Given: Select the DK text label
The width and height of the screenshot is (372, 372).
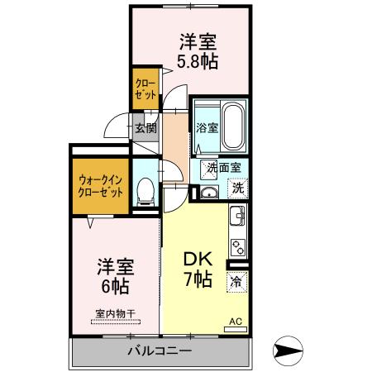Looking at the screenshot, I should [198, 259].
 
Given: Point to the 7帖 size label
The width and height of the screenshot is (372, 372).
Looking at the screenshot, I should [198, 279].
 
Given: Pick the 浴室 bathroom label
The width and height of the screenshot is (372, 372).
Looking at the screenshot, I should [207, 127].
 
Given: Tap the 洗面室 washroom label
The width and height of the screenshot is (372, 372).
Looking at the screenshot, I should [223, 167].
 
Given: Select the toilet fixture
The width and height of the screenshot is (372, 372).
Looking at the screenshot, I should [145, 192].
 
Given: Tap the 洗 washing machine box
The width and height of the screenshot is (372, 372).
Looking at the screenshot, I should [237, 187].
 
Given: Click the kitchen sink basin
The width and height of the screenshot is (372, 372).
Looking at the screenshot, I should [237, 218].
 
